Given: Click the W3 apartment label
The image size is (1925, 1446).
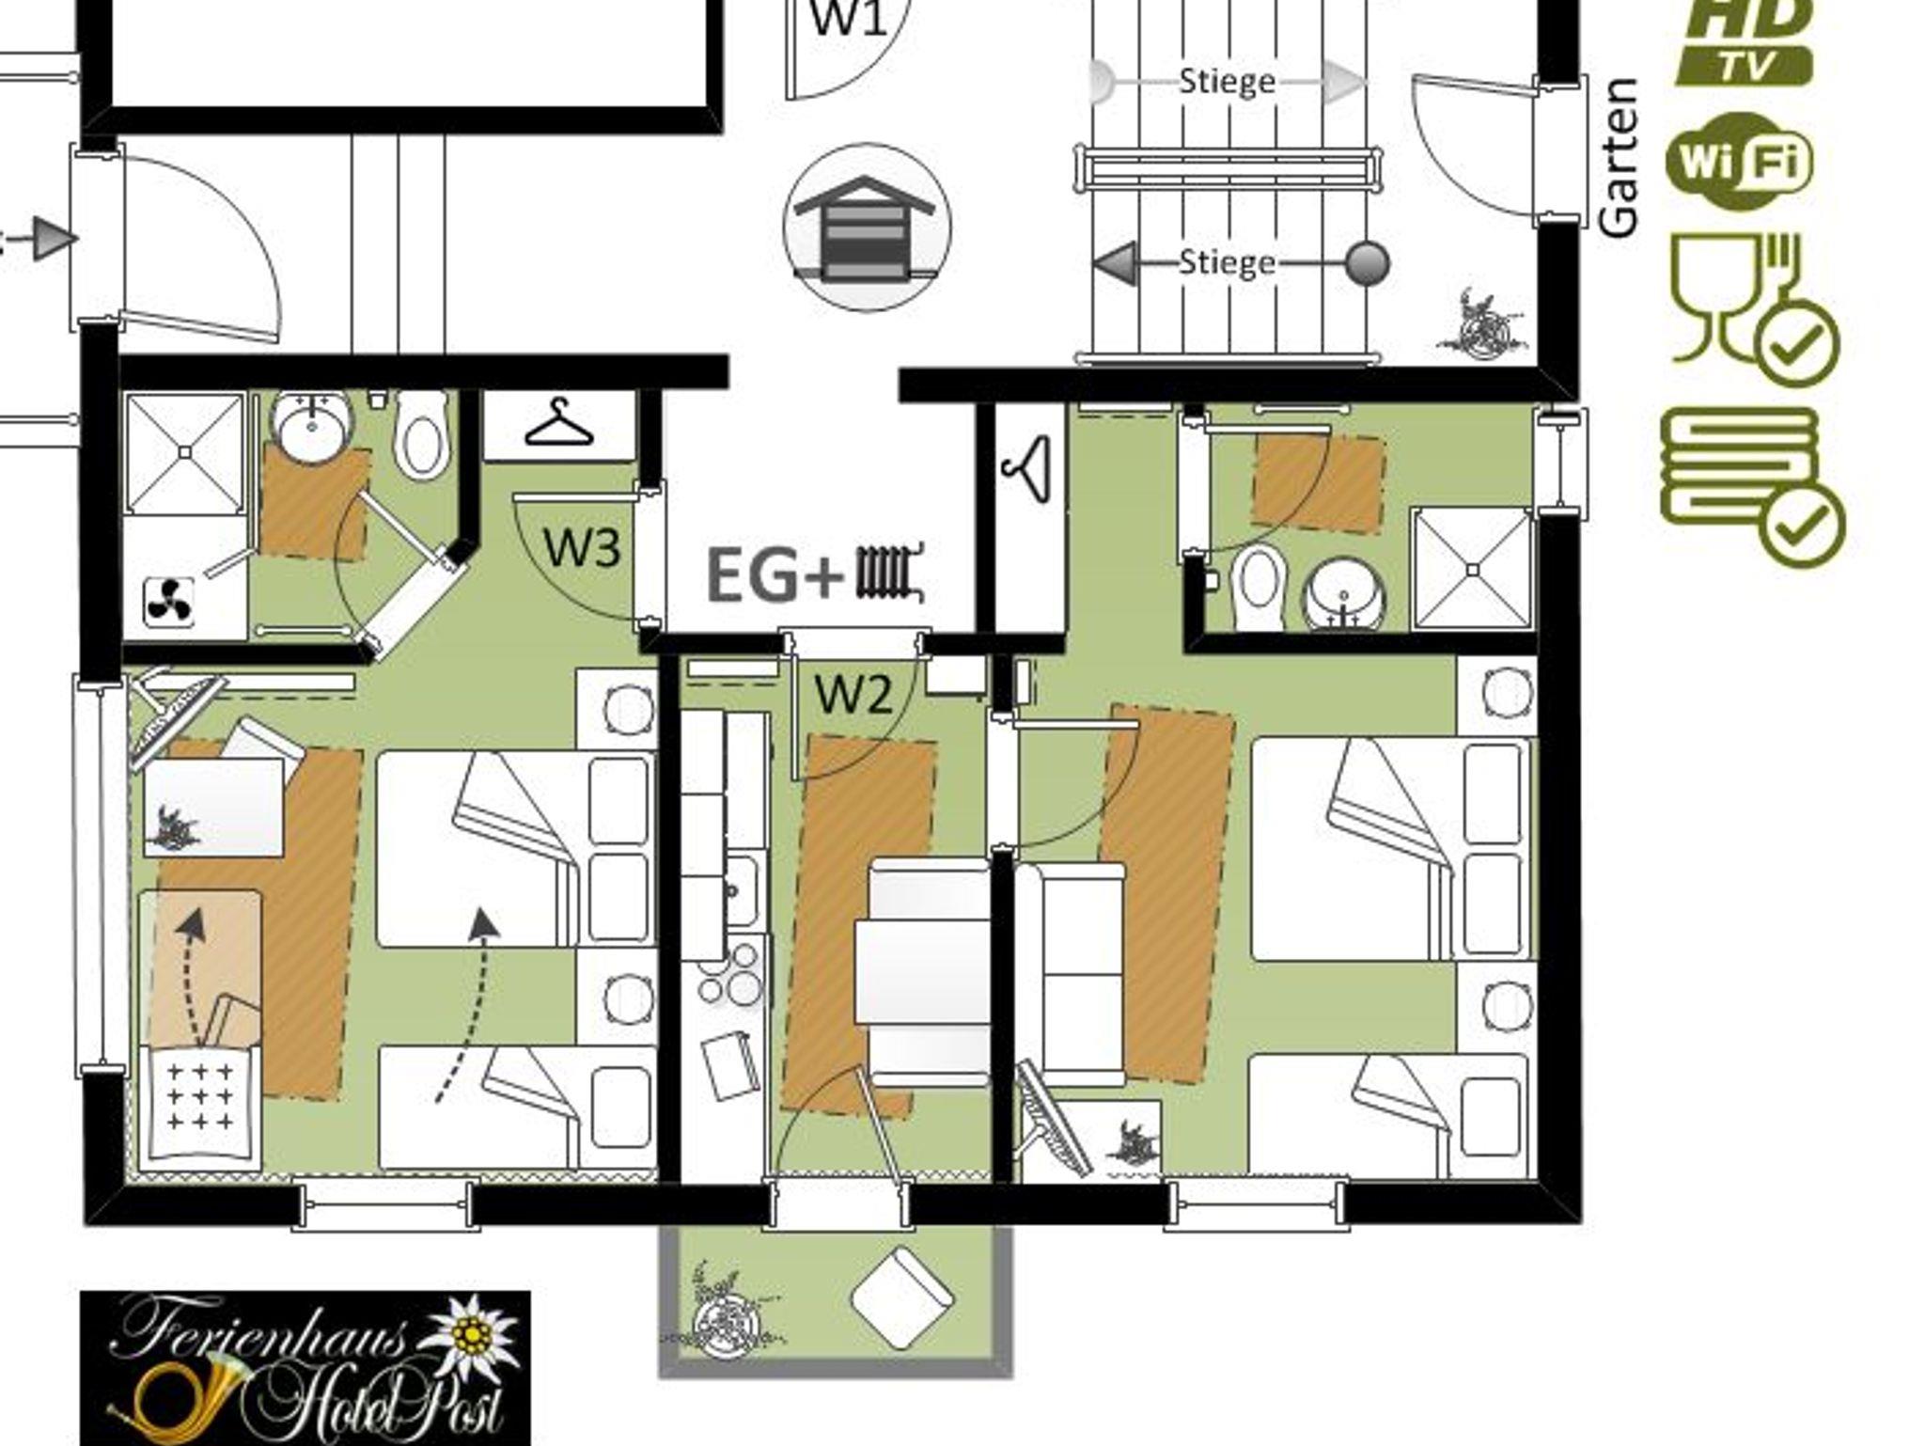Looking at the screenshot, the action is tap(582, 548).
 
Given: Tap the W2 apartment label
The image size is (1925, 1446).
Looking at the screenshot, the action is tap(853, 696).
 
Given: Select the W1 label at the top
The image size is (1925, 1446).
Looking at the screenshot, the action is tap(849, 18).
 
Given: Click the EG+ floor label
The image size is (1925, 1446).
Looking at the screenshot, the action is tap(773, 575).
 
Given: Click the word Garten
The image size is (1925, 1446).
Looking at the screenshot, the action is tap(1619, 157).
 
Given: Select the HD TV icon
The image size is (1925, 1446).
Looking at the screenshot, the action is tap(1745, 42).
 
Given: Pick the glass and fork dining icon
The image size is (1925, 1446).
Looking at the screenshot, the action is tap(1754, 307).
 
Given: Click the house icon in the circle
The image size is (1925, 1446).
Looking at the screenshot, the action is tap(867, 228).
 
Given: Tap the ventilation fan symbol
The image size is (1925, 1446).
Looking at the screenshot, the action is tap(169, 603).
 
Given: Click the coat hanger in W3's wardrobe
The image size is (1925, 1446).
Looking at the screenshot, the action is tap(559, 424).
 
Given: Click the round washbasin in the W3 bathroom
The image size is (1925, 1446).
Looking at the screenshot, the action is tap(313, 428).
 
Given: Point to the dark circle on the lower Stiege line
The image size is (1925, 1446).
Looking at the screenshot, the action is tap(1367, 263).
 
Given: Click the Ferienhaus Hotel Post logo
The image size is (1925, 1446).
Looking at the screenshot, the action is tap(305, 1368).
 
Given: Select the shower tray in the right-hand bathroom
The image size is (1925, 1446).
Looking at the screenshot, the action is tap(1472, 569).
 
